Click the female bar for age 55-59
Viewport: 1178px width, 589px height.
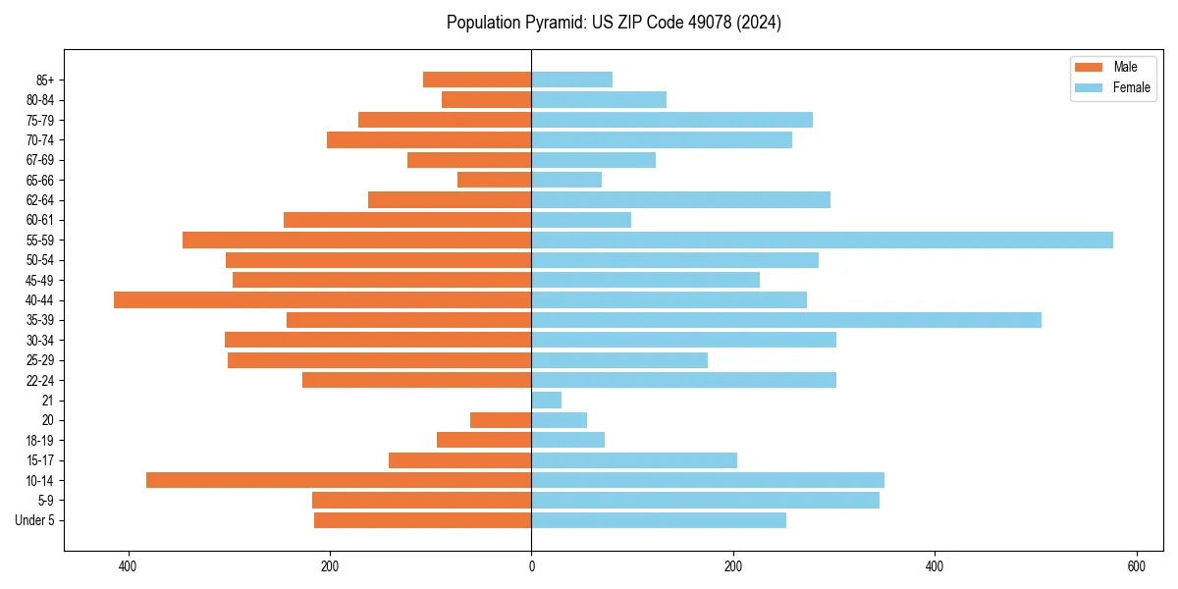point(822,241)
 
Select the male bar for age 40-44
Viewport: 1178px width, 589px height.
point(322,300)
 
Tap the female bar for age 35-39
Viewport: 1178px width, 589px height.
point(785,320)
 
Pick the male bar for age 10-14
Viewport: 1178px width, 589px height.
point(339,480)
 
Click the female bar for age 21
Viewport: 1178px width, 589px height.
point(546,401)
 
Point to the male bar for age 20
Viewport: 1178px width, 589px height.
point(501,420)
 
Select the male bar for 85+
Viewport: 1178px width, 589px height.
point(477,80)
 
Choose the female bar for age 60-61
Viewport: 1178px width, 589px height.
point(581,220)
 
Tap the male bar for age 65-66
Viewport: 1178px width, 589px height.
point(494,180)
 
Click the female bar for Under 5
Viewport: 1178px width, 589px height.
point(659,520)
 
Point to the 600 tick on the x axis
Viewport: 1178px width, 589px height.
point(1136,566)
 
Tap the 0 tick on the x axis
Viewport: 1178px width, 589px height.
point(531,566)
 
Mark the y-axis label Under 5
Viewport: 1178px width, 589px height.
point(34,520)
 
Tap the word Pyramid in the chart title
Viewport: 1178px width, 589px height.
point(551,23)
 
